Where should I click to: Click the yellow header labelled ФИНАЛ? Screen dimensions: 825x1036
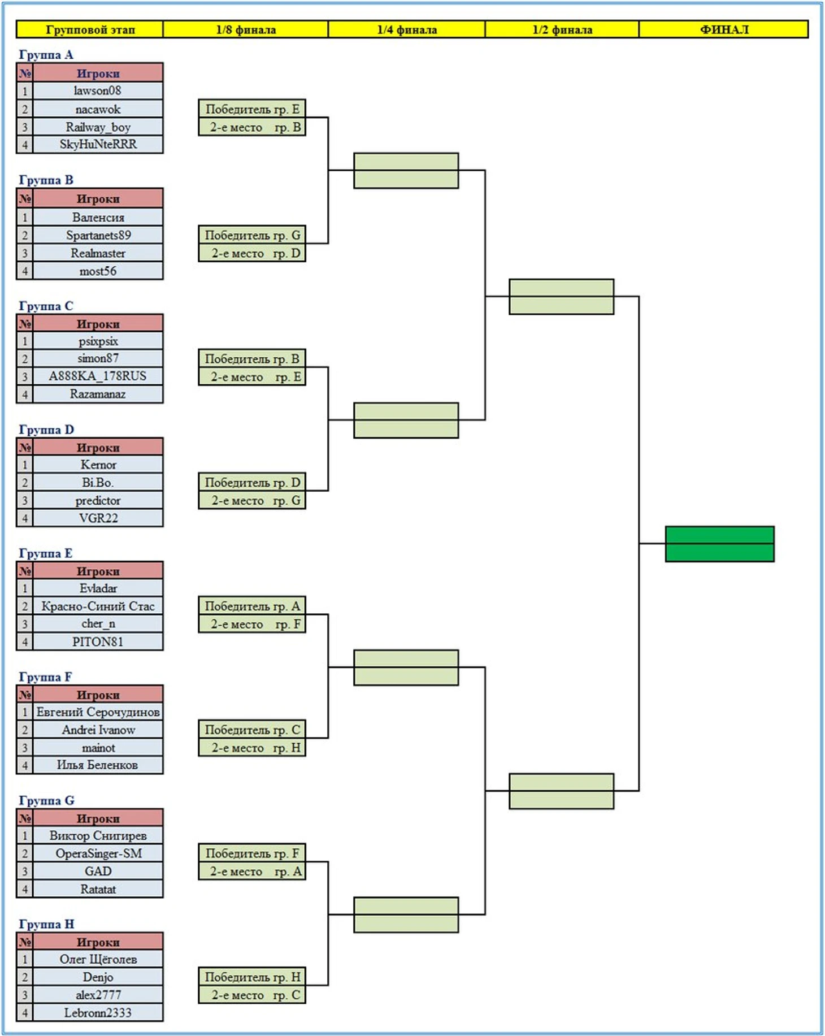[x=724, y=29]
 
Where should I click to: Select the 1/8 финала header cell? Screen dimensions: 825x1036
[x=246, y=29]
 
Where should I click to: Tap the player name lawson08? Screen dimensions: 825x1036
[x=98, y=90]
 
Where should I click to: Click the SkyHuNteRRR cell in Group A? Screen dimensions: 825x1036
[x=98, y=144]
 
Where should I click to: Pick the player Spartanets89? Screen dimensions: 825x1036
[x=98, y=235]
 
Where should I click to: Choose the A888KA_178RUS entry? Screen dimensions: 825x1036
[x=98, y=376]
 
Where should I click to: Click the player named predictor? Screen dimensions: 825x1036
[x=98, y=500]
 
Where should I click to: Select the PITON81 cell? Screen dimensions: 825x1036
[x=98, y=641]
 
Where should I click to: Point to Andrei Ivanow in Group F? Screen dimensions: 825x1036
[x=98, y=730]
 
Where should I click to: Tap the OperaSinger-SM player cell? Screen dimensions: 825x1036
[x=98, y=853]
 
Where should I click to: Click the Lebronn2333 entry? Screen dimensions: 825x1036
[x=98, y=1012]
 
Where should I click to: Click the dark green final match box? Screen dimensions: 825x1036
[x=720, y=544]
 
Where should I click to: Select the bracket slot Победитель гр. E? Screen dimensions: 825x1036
[x=252, y=109]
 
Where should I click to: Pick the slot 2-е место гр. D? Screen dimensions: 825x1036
[x=252, y=253]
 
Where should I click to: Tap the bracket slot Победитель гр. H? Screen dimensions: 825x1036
[x=252, y=977]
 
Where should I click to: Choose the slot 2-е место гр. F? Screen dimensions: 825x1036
[x=252, y=624]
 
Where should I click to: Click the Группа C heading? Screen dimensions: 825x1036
[x=46, y=306]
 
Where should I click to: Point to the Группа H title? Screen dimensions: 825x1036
[x=46, y=924]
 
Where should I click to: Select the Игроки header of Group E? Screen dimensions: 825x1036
[x=98, y=571]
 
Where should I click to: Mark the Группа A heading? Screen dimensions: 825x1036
[x=46, y=55]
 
